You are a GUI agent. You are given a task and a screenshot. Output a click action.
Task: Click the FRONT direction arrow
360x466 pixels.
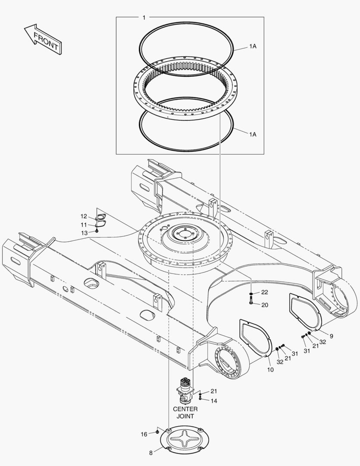tap(43, 39)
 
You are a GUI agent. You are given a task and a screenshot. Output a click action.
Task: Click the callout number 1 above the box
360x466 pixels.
tap(144, 18)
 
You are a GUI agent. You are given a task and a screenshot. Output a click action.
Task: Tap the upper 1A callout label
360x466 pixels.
tap(253, 46)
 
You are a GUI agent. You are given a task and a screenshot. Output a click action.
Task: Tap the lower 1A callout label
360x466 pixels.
tap(253, 135)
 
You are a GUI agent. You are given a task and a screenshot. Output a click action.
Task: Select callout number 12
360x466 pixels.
tap(84, 216)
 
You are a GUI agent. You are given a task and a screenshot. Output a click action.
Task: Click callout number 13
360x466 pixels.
tap(85, 233)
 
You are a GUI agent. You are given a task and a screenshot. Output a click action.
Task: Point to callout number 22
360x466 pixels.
tap(265, 293)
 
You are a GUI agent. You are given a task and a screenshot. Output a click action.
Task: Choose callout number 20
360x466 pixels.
tap(265, 305)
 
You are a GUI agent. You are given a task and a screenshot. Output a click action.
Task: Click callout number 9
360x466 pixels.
tap(332, 336)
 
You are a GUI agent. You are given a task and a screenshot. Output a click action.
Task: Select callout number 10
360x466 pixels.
tap(270, 370)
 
